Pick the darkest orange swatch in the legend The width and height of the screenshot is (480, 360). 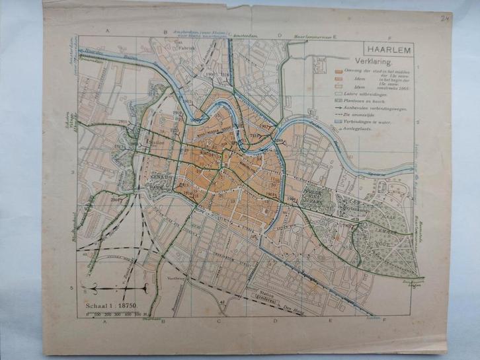[x=338, y=71]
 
